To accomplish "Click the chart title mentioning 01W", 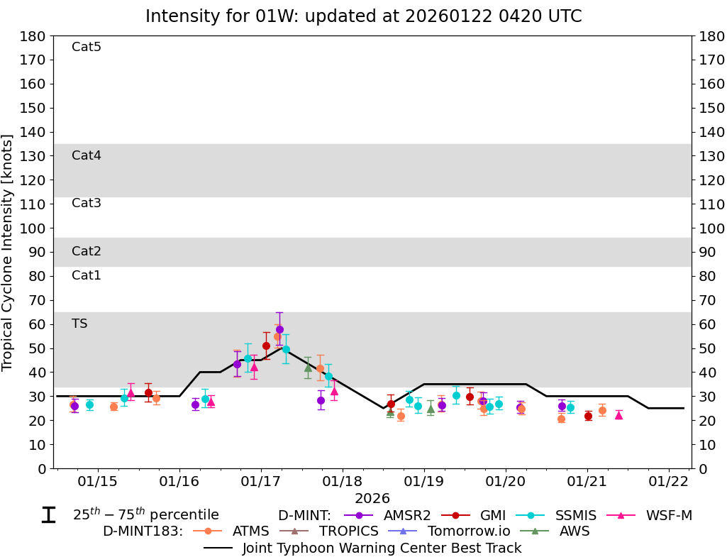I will pyautogui.click(x=363, y=16).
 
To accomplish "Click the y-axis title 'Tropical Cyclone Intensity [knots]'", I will pyautogui.click(x=8, y=252).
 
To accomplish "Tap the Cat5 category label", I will pyautogui.click(x=87, y=47).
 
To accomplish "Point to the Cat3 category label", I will pyautogui.click(x=87, y=203).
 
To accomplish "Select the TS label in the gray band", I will pyautogui.click(x=79, y=324).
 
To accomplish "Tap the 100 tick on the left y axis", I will pyautogui.click(x=34, y=228).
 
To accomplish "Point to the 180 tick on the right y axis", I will pyautogui.click(x=711, y=35).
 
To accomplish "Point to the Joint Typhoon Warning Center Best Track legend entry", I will pyautogui.click(x=363, y=548).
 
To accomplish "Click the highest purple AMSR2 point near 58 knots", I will pyautogui.click(x=279, y=329).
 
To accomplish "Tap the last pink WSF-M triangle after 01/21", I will pyautogui.click(x=618, y=415).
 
